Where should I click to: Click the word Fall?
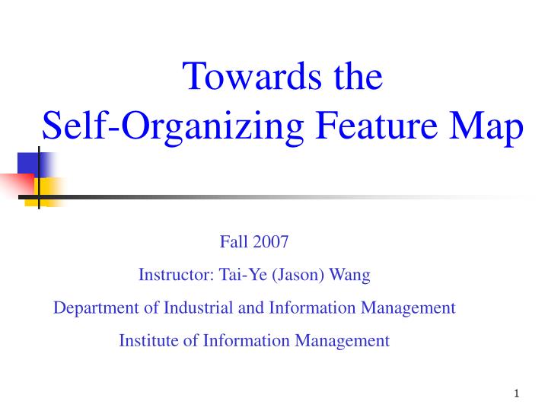(x=231, y=243)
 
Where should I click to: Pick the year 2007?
(x=272, y=243)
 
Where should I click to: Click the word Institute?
(x=148, y=340)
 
